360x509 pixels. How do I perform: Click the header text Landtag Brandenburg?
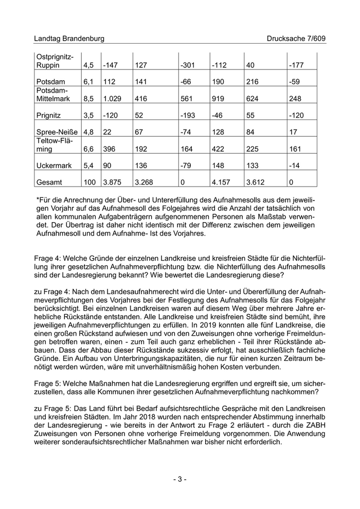(x=69, y=39)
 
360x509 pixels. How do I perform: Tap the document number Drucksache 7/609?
(x=296, y=39)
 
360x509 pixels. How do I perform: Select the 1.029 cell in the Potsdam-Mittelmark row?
(x=113, y=98)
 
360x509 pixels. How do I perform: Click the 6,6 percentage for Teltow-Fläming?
(x=89, y=149)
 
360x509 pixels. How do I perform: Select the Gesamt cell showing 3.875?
(x=113, y=181)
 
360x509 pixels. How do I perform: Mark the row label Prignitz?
(x=49, y=115)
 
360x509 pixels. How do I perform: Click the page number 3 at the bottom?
(x=179, y=479)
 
